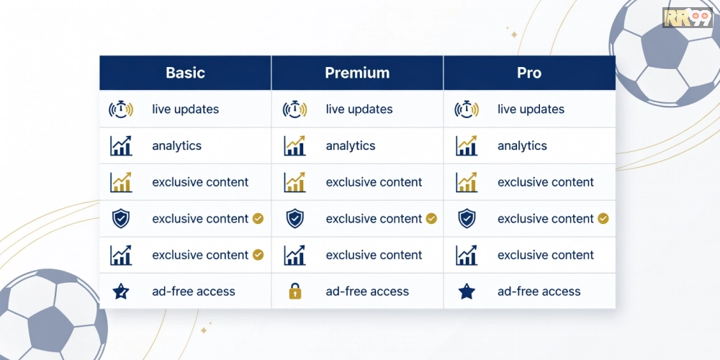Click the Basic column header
coord(186,73)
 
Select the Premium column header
coord(357,73)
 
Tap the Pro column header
coord(529,73)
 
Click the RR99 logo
coord(688,17)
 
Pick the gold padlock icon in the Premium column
coord(294,291)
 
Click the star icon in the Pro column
coord(467,291)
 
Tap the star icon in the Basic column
coord(121,291)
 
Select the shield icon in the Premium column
coord(294,219)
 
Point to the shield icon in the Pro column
coord(467,219)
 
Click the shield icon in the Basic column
coord(121,219)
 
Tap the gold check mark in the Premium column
coord(431,219)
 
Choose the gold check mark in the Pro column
coord(603,219)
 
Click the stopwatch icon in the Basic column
coord(121,109)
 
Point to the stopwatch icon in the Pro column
coord(467,109)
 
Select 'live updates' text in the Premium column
coord(359,109)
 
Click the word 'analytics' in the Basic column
coord(177,146)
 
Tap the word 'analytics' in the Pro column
coord(522,146)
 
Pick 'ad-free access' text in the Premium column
coord(367,291)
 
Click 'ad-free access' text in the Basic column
coord(193,291)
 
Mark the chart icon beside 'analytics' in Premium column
coord(294,145)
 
